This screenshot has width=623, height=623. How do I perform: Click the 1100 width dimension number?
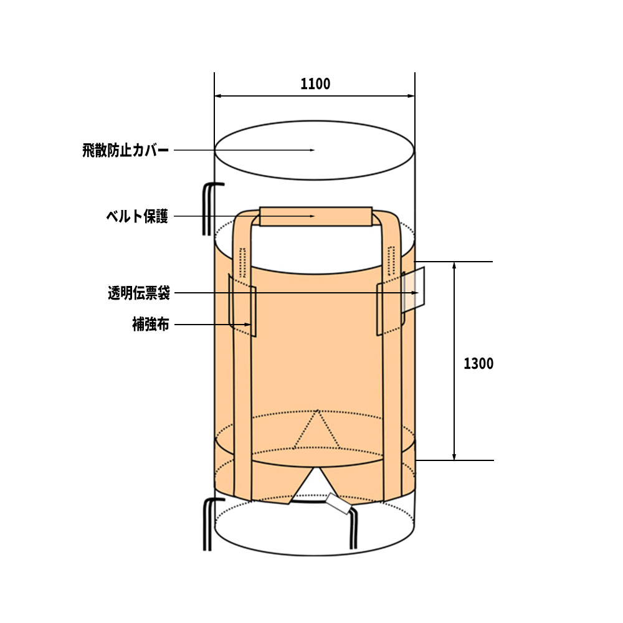pos(315,84)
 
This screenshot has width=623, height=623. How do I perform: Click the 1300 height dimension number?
pos(478,364)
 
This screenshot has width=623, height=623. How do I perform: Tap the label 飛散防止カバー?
pos(126,151)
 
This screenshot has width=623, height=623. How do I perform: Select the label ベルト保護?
pos(137,217)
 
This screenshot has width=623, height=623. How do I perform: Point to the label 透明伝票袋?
pos(139,293)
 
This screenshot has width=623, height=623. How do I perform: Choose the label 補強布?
pos(151,325)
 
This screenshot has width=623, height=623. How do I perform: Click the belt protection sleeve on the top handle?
pos(316,217)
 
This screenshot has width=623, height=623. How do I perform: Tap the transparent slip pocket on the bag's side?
pos(413,290)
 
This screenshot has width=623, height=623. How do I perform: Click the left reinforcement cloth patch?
pos(242,305)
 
